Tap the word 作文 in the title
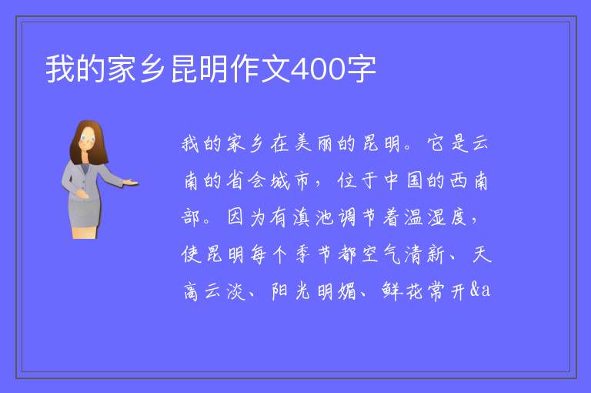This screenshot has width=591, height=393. (x=261, y=69)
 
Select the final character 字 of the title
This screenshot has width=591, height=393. (x=361, y=69)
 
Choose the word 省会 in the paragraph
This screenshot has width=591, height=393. (x=246, y=180)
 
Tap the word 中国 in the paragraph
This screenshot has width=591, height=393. (x=402, y=180)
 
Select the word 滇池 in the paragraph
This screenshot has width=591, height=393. (x=312, y=217)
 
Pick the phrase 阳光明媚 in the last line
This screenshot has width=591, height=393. (x=314, y=291)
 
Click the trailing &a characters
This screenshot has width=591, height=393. (x=480, y=290)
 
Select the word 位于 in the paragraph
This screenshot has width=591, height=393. (x=357, y=180)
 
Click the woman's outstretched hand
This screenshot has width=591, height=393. (x=130, y=183)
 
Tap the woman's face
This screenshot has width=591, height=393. (x=88, y=138)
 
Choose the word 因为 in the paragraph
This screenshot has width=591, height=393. (x=246, y=217)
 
